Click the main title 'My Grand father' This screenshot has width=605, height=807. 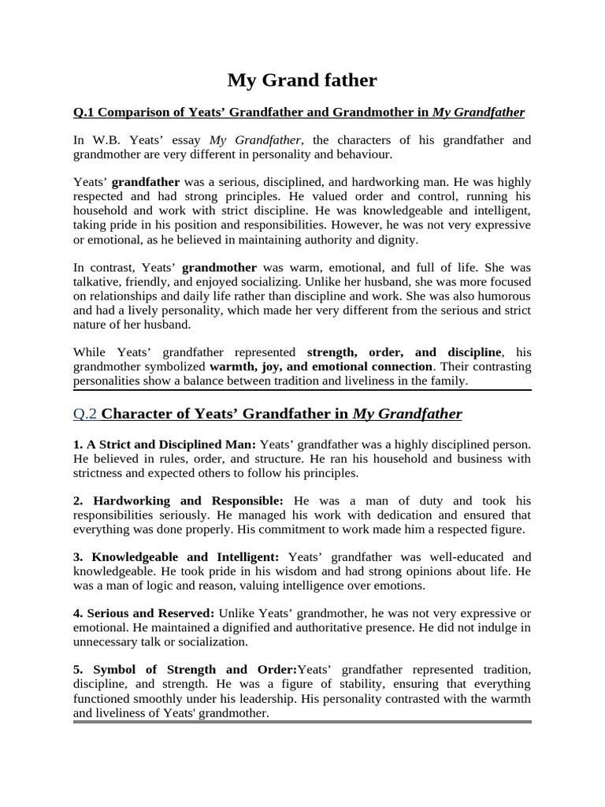(302, 80)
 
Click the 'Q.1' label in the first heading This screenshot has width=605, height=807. (84, 112)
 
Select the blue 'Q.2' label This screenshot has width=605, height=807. (85, 414)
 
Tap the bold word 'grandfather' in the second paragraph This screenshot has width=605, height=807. (146, 182)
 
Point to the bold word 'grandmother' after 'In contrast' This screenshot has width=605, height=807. (219, 267)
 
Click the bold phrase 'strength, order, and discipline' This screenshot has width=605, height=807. (403, 352)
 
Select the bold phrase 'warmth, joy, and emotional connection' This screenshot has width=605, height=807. (321, 366)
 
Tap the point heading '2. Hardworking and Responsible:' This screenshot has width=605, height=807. (178, 500)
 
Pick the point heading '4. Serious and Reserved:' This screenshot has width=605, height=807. (143, 612)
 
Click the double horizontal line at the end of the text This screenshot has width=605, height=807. (302, 722)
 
